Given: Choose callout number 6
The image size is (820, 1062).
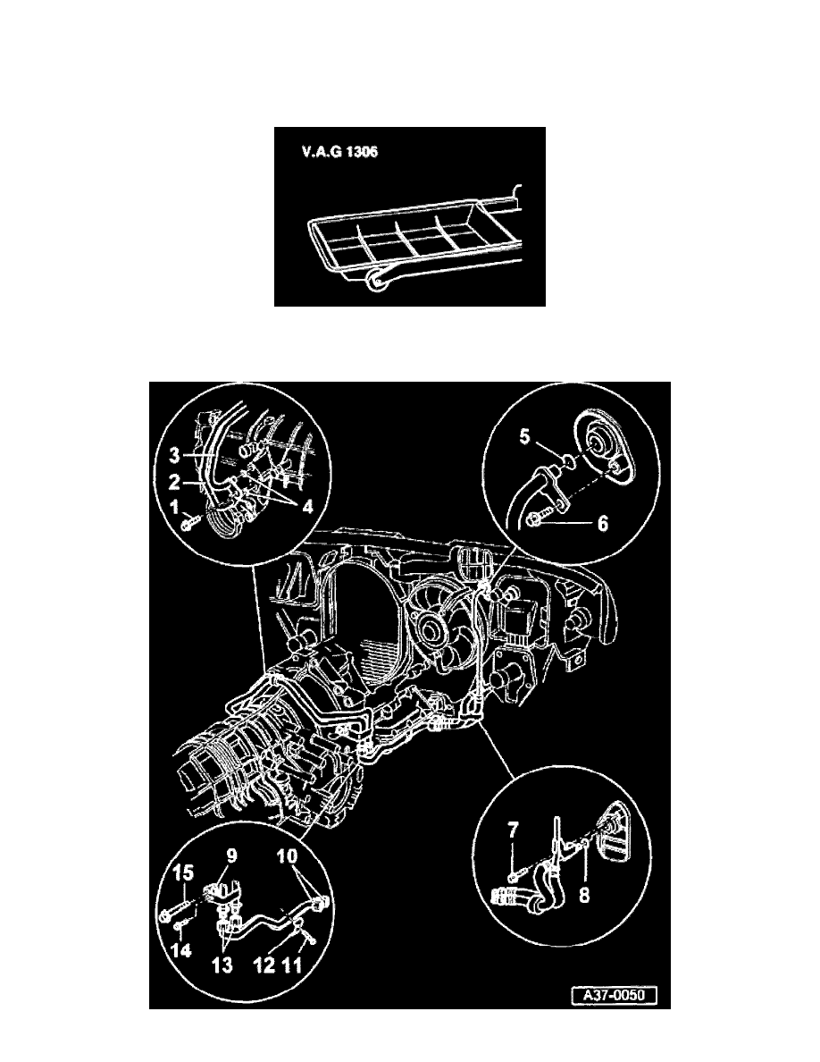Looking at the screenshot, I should click(x=602, y=526).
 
